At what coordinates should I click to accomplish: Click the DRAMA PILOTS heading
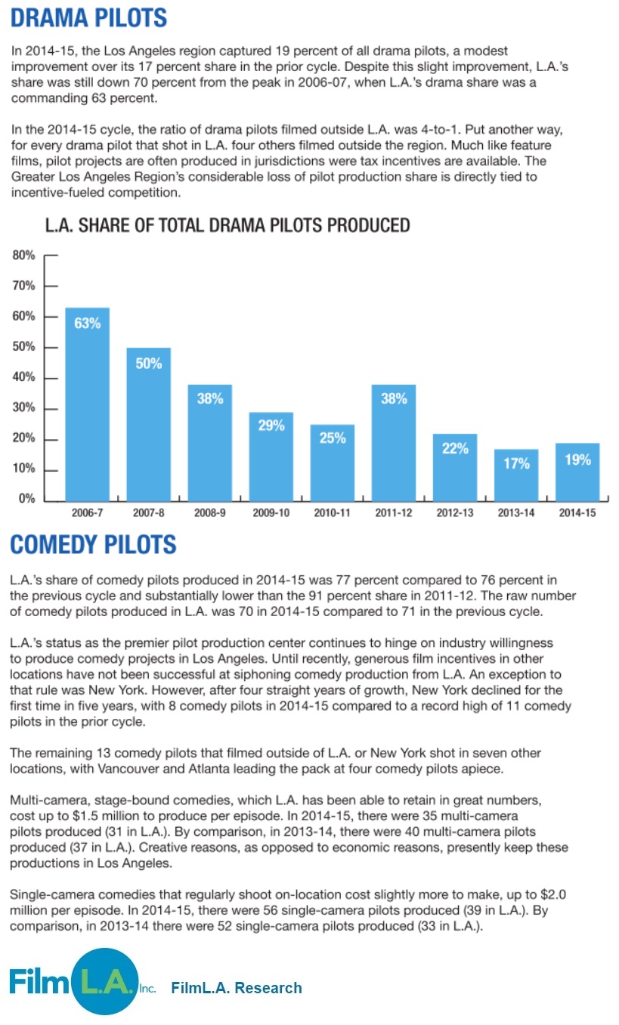pos(89,17)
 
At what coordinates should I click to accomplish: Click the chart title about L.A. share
pos(227,225)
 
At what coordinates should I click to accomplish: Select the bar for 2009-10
pos(271,457)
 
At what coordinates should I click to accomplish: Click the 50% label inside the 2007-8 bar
pos(149,364)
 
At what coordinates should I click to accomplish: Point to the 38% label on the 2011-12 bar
pos(394,398)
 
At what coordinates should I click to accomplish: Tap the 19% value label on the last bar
pos(578,459)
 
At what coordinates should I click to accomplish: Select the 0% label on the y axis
pos(26,500)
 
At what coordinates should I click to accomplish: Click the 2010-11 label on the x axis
pos(333,513)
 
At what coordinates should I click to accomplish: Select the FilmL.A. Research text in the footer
pos(237,987)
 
